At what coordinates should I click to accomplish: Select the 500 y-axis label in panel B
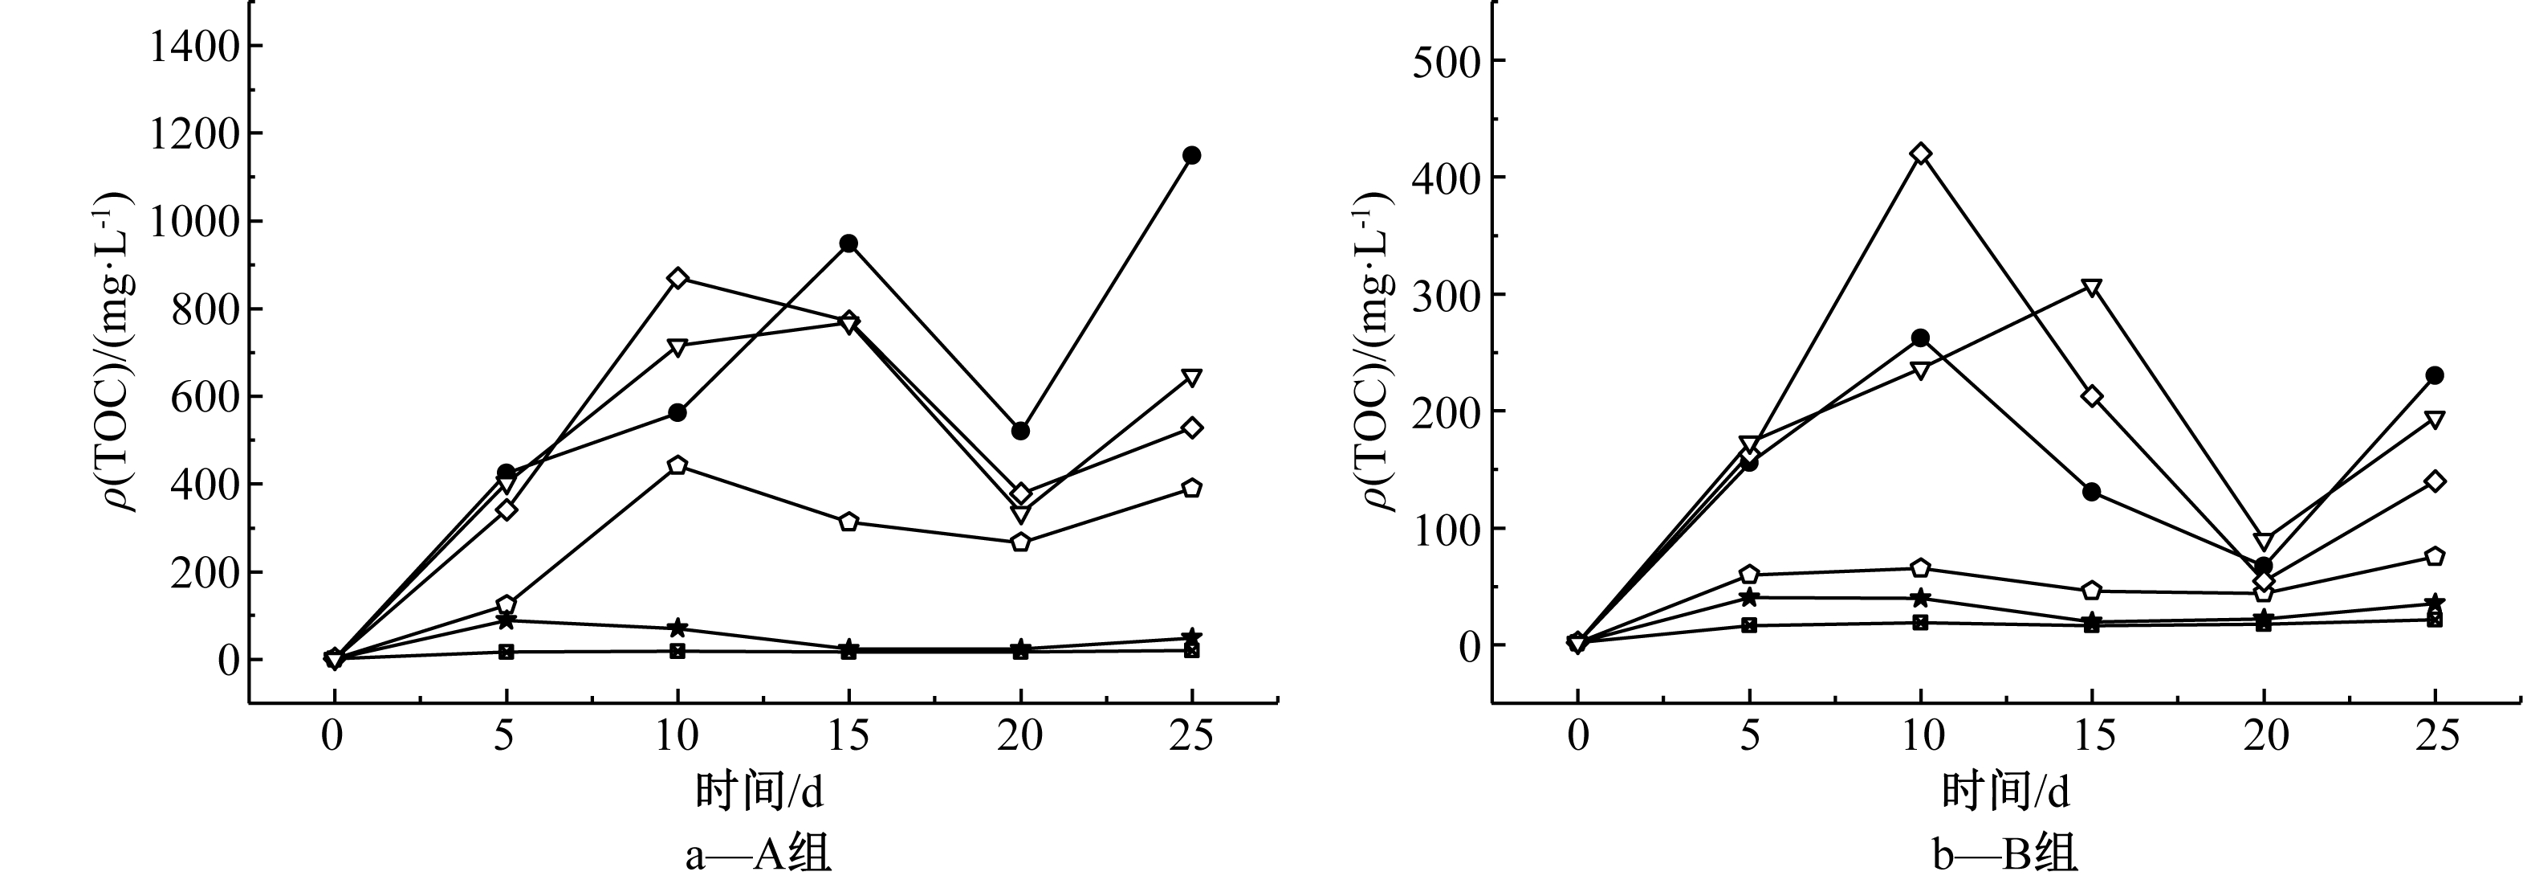point(1446,61)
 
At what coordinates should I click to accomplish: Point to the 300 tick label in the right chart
point(1446,294)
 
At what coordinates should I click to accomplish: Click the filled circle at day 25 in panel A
point(1192,155)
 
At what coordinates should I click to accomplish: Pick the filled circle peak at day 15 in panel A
point(849,243)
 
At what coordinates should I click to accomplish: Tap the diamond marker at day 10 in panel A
point(678,278)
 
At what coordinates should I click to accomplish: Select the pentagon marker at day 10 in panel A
point(678,465)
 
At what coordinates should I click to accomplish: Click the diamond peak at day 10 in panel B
point(1921,153)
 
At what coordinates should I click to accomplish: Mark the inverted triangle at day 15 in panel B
point(2092,287)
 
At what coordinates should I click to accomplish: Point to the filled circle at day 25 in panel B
point(2435,375)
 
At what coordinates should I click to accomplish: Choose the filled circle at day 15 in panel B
point(2092,492)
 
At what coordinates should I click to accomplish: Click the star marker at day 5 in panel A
point(507,620)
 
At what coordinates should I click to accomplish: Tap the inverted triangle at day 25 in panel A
point(1192,379)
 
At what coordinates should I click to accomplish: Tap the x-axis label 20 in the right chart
point(2264,735)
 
